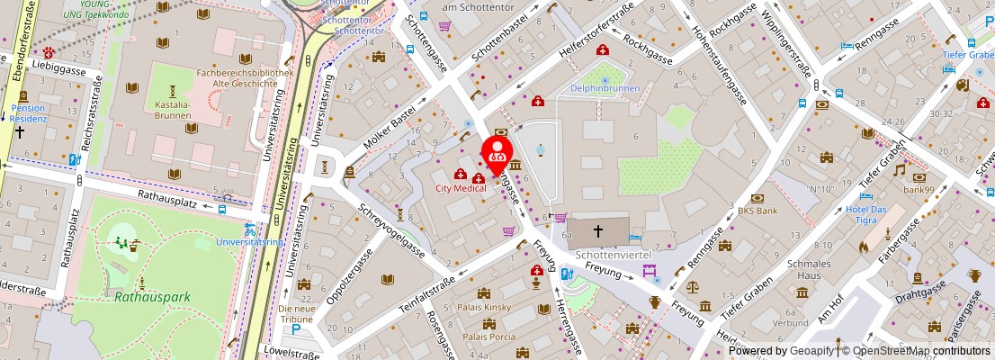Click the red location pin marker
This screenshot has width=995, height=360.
coord(497,153)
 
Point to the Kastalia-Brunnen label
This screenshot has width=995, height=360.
coord(173,110)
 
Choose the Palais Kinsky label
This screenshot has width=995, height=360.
coord(486,307)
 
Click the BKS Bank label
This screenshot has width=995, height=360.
coord(757,211)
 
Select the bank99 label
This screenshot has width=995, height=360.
coord(921,190)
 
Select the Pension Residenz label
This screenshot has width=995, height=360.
coord(28,113)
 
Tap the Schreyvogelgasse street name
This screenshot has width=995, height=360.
coord(392,229)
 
